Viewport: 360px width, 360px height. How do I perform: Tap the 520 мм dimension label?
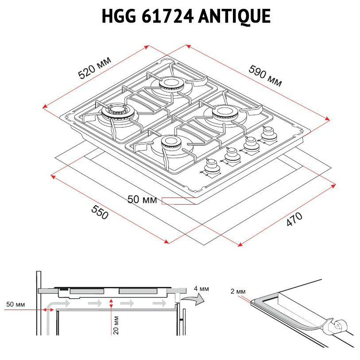coord(95,68)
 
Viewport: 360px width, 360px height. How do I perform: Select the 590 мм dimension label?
coord(265,76)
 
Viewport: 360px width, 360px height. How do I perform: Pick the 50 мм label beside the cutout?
coord(142,200)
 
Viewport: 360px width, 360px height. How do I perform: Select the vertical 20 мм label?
coord(116,325)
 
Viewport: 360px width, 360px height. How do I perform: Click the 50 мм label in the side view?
coord(15,305)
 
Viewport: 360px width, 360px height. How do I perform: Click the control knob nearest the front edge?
coord(211,166)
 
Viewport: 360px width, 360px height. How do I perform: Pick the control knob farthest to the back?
coord(267,133)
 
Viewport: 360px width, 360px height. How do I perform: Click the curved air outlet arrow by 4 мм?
coord(194,301)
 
